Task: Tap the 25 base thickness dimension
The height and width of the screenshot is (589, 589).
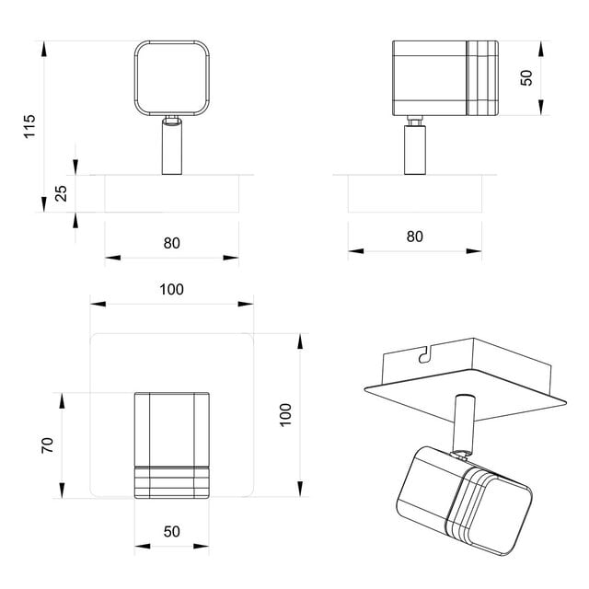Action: pos(62,194)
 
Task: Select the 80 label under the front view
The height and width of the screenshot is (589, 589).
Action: pos(171,243)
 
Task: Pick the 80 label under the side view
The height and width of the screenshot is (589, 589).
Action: pos(414,236)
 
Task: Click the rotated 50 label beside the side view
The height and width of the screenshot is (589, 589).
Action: pos(526,77)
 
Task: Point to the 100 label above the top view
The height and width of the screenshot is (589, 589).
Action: pos(171,289)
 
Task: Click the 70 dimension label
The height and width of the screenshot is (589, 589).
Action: pos(48,445)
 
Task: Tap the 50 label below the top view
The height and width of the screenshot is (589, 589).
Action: pos(171,533)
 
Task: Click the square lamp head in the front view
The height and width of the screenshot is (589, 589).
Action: pos(171,77)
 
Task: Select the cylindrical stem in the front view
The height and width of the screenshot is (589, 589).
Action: pos(171,147)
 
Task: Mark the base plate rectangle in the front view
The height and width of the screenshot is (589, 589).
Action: pos(171,194)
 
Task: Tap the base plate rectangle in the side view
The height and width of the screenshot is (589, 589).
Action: pos(414,193)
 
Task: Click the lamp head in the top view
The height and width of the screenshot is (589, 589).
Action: pos(171,433)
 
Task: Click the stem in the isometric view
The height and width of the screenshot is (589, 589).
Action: pos(463,423)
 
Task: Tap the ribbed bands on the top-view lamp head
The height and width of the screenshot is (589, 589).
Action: pos(171,482)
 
